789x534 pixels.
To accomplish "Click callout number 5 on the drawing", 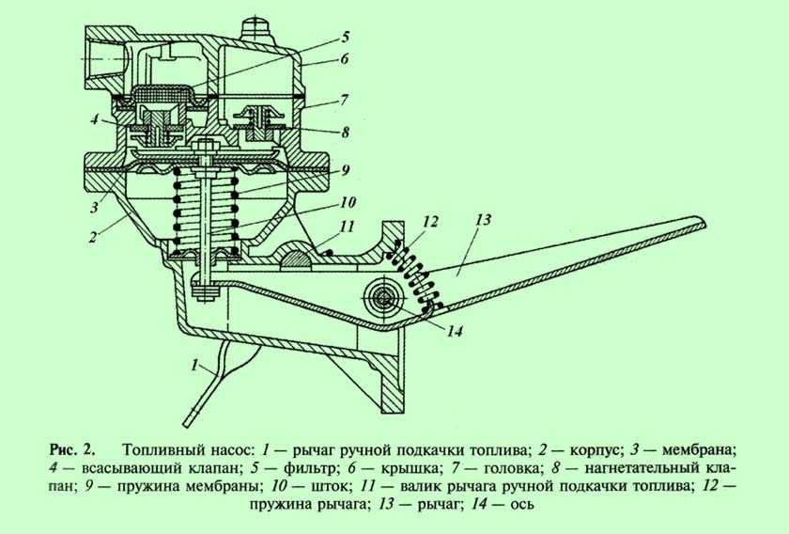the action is coord(346,38).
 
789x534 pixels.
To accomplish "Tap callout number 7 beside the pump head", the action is coord(344,100).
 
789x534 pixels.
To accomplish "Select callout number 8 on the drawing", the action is coord(345,132).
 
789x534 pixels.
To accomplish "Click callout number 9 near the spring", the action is coord(346,170).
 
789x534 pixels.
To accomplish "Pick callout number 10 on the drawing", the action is coord(348,202).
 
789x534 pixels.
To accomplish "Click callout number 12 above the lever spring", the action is coord(430,222).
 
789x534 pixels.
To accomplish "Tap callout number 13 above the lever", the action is coord(483,220).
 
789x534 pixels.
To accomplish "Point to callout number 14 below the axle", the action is coord(455,332).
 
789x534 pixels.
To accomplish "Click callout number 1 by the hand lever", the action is coord(195,365).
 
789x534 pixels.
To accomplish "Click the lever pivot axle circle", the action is coord(383,298).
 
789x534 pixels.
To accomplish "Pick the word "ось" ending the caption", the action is coord(522,504).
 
